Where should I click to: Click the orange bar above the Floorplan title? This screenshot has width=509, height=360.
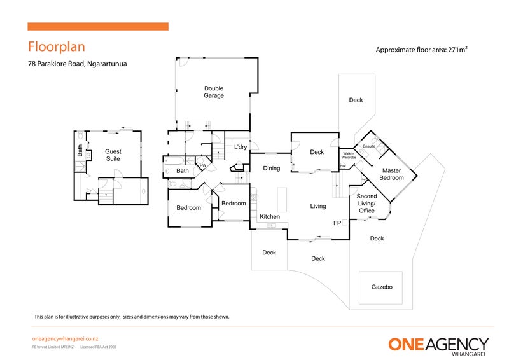pyautogui.click(x=97, y=27)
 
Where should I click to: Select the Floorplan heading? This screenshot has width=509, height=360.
pyautogui.click(x=56, y=47)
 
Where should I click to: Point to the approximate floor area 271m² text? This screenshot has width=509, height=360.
pyautogui.click(x=422, y=50)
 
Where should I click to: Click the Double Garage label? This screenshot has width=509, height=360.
pyautogui.click(x=214, y=92)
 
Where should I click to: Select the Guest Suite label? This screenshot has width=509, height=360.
pyautogui.click(x=113, y=155)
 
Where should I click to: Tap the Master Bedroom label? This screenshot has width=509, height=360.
pyautogui.click(x=391, y=174)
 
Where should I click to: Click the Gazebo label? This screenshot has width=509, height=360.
pyautogui.click(x=382, y=287)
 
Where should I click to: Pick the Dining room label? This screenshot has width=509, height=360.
pyautogui.click(x=272, y=169)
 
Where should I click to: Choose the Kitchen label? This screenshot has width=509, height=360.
pyautogui.click(x=270, y=217)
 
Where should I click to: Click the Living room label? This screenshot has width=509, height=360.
pyautogui.click(x=318, y=206)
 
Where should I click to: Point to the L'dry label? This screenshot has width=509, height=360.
pyautogui.click(x=240, y=148)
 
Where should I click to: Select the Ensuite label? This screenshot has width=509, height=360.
pyautogui.click(x=368, y=147)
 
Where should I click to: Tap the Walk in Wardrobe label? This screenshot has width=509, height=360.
pyautogui.click(x=349, y=155)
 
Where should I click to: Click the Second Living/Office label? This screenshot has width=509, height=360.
pyautogui.click(x=366, y=204)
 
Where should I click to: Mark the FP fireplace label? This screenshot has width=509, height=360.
pyautogui.click(x=337, y=224)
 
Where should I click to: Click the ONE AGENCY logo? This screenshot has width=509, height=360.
pyautogui.click(x=438, y=345)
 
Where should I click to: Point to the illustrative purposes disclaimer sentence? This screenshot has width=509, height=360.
pyautogui.click(x=132, y=317)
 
